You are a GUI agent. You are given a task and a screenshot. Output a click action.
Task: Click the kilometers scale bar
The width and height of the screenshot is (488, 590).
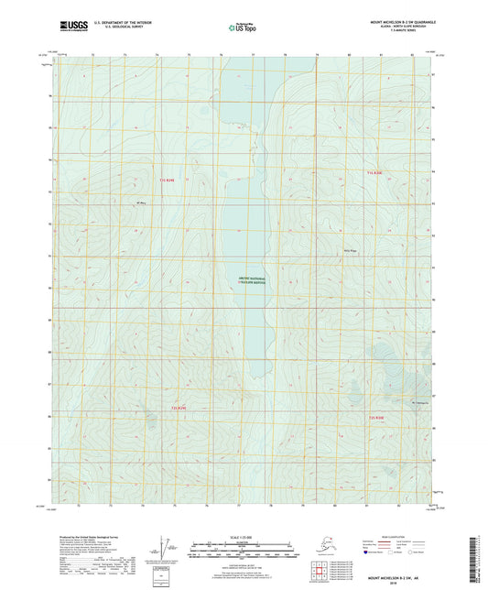click(243, 541)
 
